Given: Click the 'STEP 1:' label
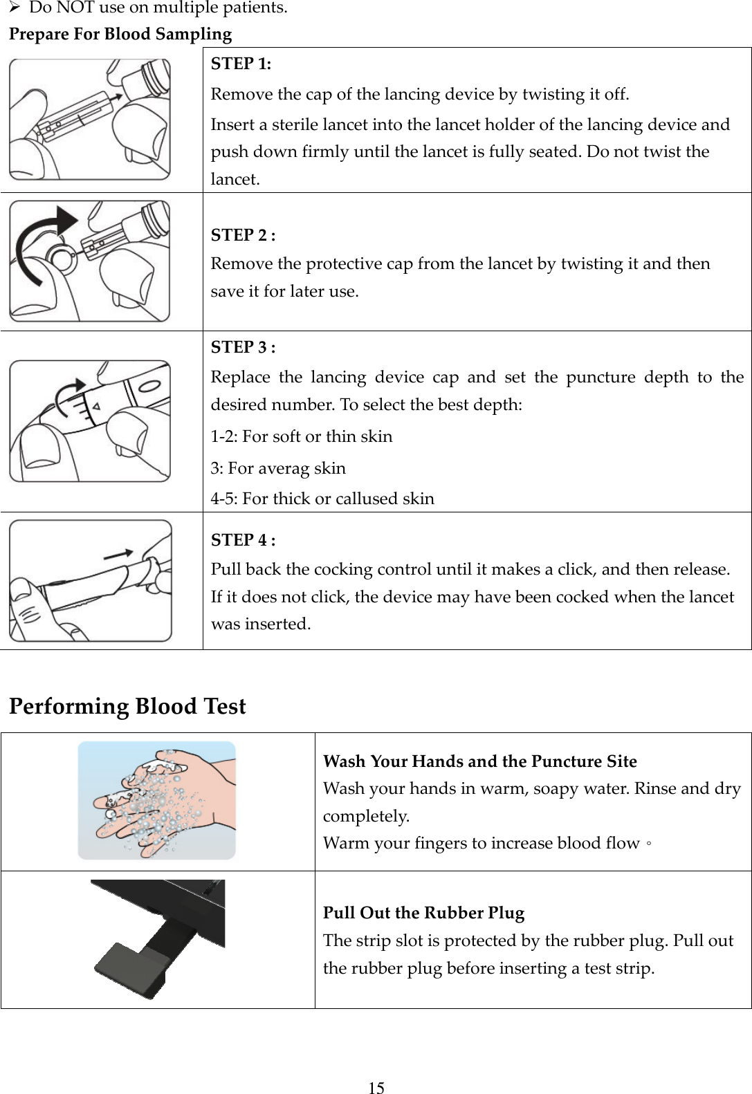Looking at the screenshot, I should [x=241, y=64].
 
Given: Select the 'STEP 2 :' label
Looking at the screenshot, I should [x=243, y=235].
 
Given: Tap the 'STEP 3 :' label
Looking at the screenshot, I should [x=243, y=347].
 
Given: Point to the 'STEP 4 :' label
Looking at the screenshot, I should [x=243, y=539].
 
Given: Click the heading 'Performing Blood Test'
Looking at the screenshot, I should [x=127, y=706].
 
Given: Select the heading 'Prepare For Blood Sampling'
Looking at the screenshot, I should [x=120, y=34].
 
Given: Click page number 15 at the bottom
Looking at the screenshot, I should [x=376, y=1088].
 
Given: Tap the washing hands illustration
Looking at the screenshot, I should [x=157, y=800].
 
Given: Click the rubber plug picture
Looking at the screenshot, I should [x=157, y=938].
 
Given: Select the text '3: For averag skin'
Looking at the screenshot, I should [x=278, y=468].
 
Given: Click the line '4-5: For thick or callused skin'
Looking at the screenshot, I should [x=322, y=499].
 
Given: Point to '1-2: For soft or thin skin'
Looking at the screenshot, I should [x=302, y=436].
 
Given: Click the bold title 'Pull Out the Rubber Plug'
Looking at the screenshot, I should [x=423, y=913].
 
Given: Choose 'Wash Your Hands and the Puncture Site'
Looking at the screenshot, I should [x=479, y=761].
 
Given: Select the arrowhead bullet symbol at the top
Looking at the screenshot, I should [x=15, y=8].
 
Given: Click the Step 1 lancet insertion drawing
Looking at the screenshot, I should [x=90, y=119].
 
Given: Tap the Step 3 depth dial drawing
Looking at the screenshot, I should [x=90, y=420].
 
